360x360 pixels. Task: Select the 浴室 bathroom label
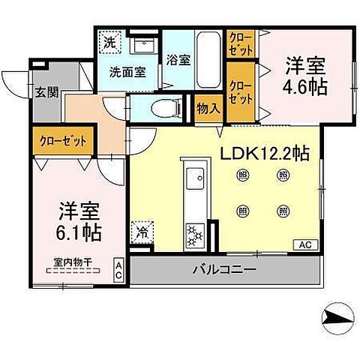pyautogui.click(x=178, y=60)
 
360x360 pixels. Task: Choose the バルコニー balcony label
pyautogui.click(x=223, y=268)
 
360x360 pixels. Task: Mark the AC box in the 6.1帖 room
pyautogui.click(x=118, y=268)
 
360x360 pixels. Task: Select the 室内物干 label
pyautogui.click(x=73, y=262)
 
